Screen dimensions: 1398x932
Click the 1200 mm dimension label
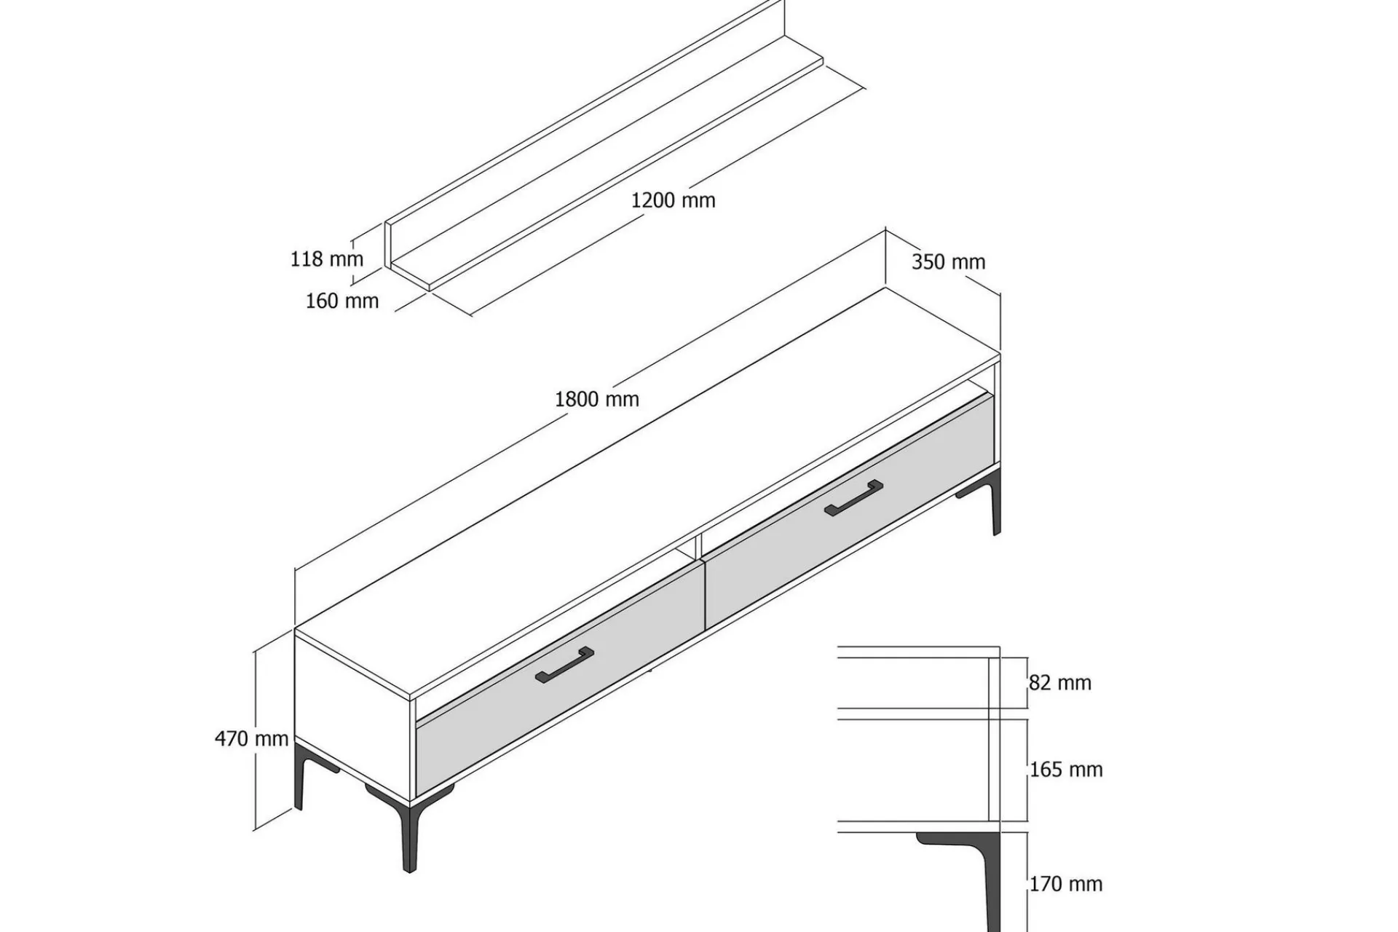pos(673,200)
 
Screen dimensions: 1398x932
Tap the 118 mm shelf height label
pos(326,258)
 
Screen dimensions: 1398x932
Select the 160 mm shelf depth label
pos(342,301)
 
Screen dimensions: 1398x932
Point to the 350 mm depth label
pos(948,262)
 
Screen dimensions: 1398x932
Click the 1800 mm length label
pos(597,399)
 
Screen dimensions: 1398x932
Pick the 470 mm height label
pos(252,738)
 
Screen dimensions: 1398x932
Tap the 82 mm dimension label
pos(1060,683)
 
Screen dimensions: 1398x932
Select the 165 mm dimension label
pos(1066,770)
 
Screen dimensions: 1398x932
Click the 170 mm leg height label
pos(1066,884)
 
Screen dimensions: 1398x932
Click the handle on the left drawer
pos(564,666)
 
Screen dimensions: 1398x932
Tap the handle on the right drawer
pos(853,498)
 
